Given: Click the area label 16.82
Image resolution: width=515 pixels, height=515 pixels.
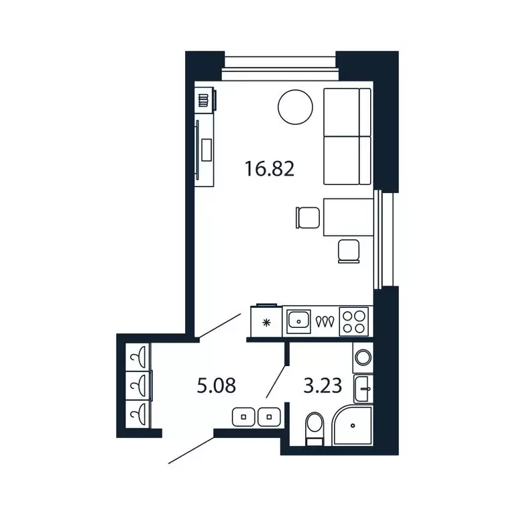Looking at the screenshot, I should click(x=270, y=168).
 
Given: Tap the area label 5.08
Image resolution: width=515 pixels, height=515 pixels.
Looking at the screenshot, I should click(x=216, y=386).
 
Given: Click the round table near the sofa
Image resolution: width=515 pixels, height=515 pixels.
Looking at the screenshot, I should click(x=295, y=107).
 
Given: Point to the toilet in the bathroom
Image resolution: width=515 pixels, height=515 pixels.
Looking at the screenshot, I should click(x=314, y=428).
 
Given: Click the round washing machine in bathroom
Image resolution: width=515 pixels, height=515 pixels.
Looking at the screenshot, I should click(x=363, y=357).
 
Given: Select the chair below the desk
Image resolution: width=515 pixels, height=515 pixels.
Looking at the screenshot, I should click(x=349, y=250).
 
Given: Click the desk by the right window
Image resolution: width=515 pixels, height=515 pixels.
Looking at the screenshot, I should click(x=348, y=217).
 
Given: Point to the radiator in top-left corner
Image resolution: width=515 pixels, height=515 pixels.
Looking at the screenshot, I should click(x=203, y=101).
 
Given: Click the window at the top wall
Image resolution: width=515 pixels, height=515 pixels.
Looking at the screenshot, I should click(x=280, y=62).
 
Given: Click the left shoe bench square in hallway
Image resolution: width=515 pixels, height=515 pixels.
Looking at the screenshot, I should click(x=243, y=417).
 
